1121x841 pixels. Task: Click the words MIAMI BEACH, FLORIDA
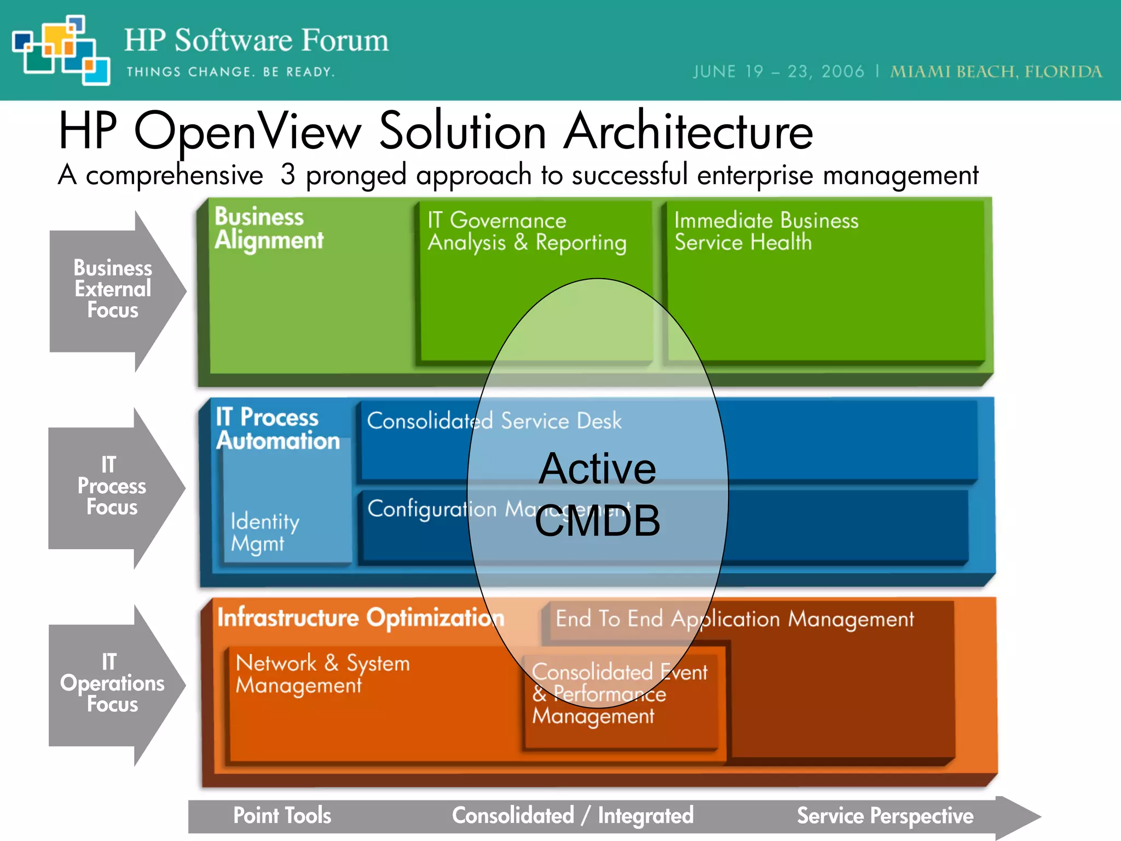996,72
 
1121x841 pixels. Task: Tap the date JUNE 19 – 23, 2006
778,72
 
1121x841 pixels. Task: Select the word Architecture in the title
689,131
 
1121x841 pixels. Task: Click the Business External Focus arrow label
112,289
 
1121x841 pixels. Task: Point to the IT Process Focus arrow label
111,486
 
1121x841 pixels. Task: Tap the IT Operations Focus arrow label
112,683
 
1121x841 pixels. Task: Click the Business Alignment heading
268,228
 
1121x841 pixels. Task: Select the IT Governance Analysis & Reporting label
527,232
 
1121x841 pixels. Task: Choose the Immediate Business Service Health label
766,231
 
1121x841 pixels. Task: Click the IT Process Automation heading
277,429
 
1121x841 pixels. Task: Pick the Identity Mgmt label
264,532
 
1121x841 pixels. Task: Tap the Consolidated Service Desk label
494,421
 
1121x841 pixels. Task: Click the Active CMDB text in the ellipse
597,494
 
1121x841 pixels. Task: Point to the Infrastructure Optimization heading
360,618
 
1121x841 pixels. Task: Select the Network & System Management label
322,674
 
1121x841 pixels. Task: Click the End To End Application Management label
734,619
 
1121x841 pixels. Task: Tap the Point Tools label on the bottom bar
282,815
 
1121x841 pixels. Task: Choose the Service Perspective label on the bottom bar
885,815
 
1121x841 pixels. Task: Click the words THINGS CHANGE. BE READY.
230,72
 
